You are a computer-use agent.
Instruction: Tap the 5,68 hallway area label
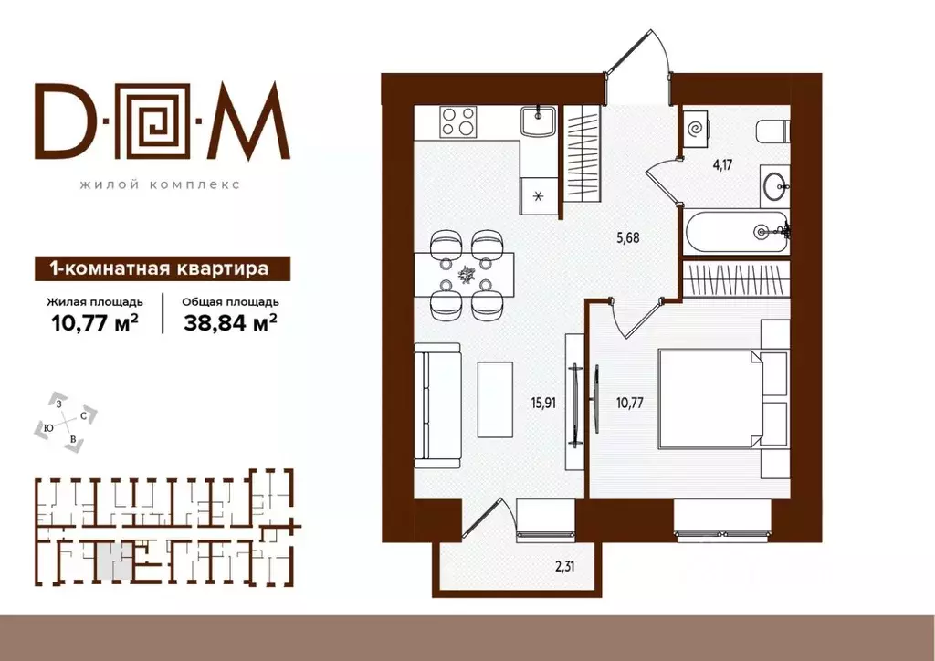pos(628,238)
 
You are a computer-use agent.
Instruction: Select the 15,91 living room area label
pos(543,404)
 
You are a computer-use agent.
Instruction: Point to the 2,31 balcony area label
pos(568,567)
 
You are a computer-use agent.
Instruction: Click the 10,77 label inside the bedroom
pos(630,404)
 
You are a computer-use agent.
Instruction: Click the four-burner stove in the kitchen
pos(457,121)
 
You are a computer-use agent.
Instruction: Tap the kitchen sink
pos(538,121)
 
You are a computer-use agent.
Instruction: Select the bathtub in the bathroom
pos(737,232)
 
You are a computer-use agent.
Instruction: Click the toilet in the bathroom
pos(772,131)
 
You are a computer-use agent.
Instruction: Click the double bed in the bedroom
pos(709,399)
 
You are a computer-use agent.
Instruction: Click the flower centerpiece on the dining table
pos(466,275)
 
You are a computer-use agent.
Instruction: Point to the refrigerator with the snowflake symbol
pos(539,195)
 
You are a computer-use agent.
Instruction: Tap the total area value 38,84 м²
pos(230,323)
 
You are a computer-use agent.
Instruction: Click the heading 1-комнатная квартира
pos(159,268)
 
